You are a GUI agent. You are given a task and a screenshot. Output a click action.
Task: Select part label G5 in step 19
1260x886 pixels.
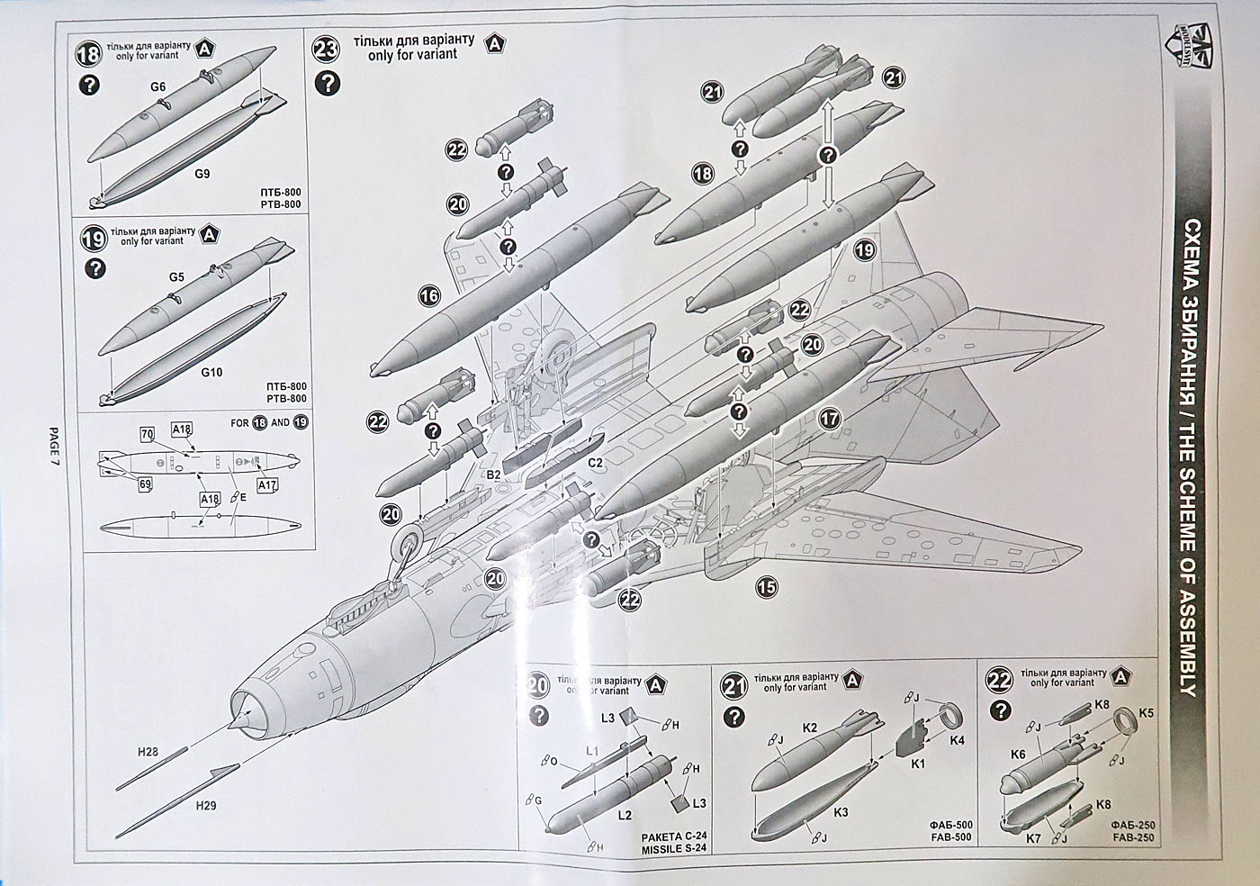point(175,277)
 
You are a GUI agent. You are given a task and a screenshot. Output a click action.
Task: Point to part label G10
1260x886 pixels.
point(211,370)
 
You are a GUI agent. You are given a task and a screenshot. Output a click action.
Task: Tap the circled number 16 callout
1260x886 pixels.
point(430,295)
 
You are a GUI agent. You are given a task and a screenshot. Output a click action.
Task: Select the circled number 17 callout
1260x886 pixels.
point(831,418)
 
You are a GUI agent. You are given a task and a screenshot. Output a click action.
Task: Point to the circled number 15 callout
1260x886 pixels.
point(767,588)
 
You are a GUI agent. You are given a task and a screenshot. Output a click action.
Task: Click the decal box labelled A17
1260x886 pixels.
point(266,486)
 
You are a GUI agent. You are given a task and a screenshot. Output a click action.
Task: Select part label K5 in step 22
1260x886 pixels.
point(1146,713)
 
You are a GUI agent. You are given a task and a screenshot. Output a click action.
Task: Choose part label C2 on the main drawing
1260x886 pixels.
point(595,464)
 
